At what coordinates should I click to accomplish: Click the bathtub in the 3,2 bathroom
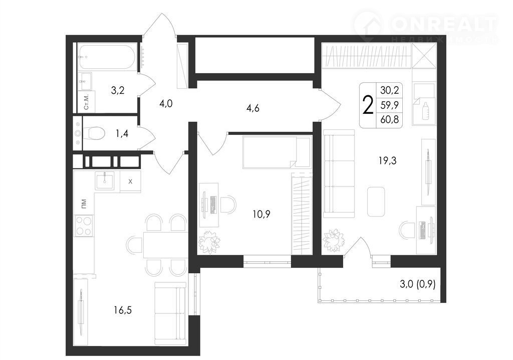click(107, 57)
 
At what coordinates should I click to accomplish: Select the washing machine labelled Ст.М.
click(86, 102)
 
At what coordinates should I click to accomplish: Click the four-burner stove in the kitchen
click(84, 226)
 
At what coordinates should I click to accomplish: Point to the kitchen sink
click(105, 181)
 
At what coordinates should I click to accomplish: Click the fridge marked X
click(130, 181)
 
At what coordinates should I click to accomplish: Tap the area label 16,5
click(123, 310)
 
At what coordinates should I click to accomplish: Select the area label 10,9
click(262, 214)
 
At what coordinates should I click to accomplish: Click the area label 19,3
click(387, 160)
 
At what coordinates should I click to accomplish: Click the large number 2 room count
click(368, 105)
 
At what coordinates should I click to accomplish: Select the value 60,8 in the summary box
click(389, 119)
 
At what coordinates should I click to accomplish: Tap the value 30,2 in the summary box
click(389, 90)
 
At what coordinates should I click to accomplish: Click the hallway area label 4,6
click(252, 108)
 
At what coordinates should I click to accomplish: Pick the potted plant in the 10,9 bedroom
click(209, 242)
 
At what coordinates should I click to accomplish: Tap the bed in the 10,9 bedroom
click(277, 152)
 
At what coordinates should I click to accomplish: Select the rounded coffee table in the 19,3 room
click(376, 202)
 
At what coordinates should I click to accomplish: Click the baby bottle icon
click(426, 111)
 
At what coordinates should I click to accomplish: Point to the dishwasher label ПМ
click(84, 204)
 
